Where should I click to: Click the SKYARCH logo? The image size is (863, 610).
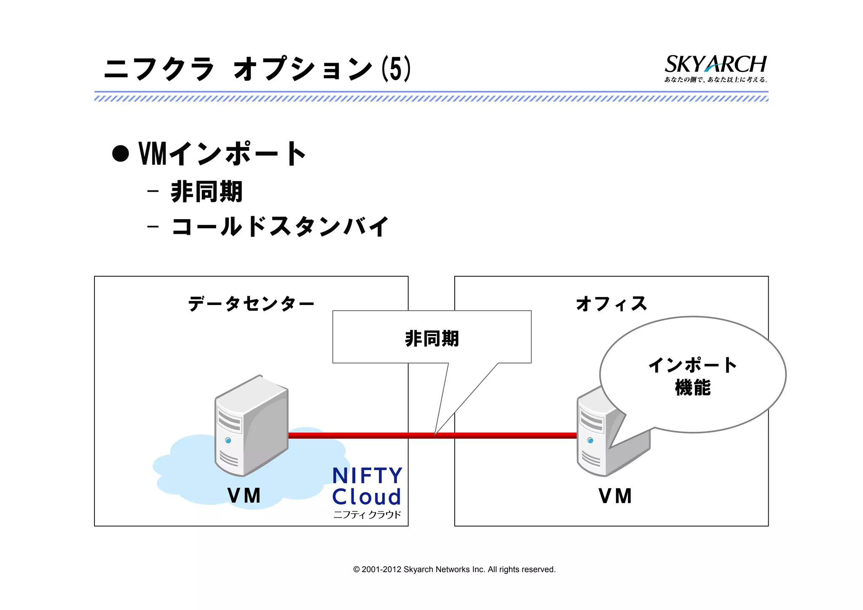715,64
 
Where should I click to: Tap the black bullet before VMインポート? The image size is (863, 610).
121,153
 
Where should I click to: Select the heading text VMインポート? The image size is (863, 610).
222,154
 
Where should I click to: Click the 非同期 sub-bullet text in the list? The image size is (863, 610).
206,192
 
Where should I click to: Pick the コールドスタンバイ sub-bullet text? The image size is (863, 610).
280,227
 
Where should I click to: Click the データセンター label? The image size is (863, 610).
251,304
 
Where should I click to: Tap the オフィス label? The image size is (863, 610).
611,304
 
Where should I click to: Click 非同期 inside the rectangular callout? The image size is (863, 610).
432,339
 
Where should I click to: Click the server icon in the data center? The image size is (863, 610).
252,425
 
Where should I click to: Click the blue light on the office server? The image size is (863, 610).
590,440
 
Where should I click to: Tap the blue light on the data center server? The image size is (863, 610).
228,440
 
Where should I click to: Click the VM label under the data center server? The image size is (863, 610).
244,495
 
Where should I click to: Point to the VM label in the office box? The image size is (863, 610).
615,496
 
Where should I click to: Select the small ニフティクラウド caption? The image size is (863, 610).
367,515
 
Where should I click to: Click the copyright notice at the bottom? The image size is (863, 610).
454,570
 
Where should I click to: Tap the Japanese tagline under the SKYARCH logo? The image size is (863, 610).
716,80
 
